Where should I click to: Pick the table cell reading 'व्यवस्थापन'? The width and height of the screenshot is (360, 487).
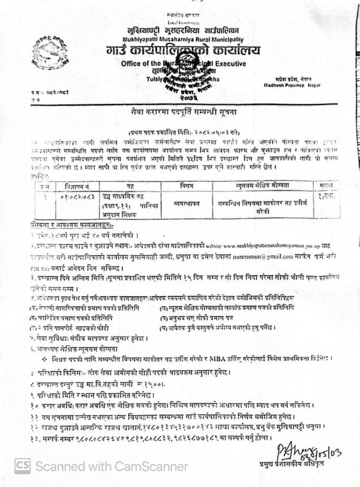[x=187, y=203]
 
